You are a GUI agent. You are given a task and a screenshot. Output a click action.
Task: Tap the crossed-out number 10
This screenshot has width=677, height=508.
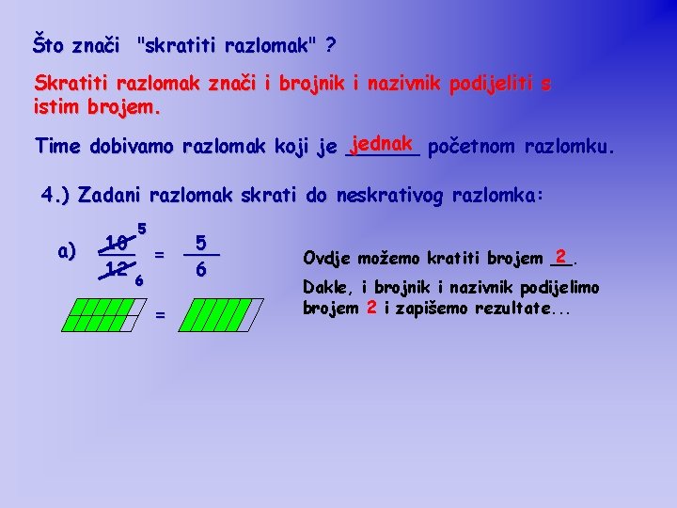coord(117,244)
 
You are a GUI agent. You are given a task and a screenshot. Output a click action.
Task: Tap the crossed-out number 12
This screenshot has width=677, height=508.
coord(117,269)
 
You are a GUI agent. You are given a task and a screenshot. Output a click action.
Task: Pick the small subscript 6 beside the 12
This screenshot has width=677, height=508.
coord(138,280)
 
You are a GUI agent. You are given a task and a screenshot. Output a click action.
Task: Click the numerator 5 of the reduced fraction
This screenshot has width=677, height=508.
coord(201,241)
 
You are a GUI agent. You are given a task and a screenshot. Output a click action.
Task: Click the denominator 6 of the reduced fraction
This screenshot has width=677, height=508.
coord(201,270)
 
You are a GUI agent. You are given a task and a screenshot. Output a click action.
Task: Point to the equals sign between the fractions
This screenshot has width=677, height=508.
coord(160,254)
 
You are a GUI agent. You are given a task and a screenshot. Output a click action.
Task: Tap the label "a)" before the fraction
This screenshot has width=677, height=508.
coord(67,251)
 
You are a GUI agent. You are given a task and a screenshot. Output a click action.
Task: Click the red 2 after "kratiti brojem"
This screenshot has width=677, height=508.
coord(560,255)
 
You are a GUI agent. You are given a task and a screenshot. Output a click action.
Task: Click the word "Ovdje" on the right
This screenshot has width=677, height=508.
coord(324,258)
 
